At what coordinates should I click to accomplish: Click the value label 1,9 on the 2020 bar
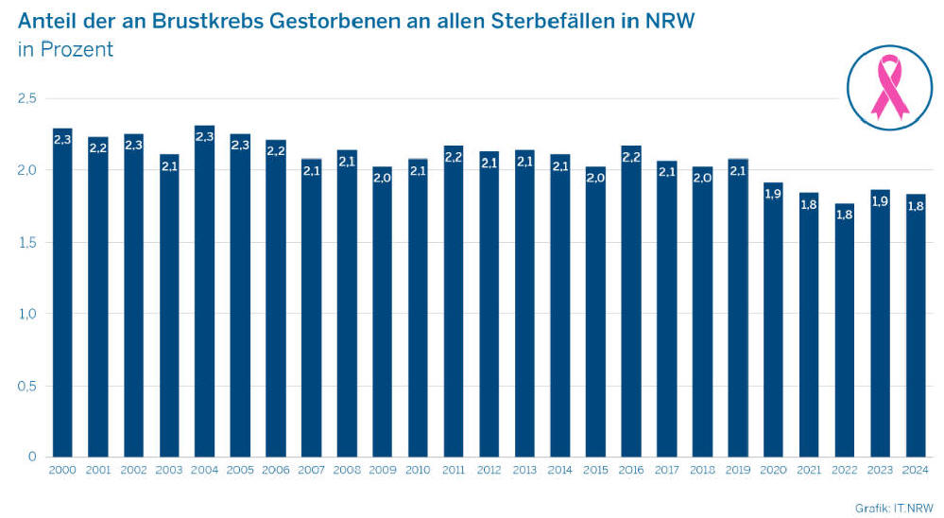(x=773, y=193)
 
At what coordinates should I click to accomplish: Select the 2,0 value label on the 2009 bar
(x=382, y=178)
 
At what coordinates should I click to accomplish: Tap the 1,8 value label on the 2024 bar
(x=915, y=205)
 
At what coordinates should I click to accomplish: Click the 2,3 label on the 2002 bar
(x=133, y=145)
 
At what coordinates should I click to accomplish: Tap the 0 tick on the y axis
(x=32, y=458)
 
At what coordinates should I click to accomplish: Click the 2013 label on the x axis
(x=523, y=471)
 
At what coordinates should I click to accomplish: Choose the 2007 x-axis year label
(x=311, y=471)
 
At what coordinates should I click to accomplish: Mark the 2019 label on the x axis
(x=737, y=471)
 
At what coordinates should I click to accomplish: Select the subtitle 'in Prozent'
(x=65, y=50)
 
